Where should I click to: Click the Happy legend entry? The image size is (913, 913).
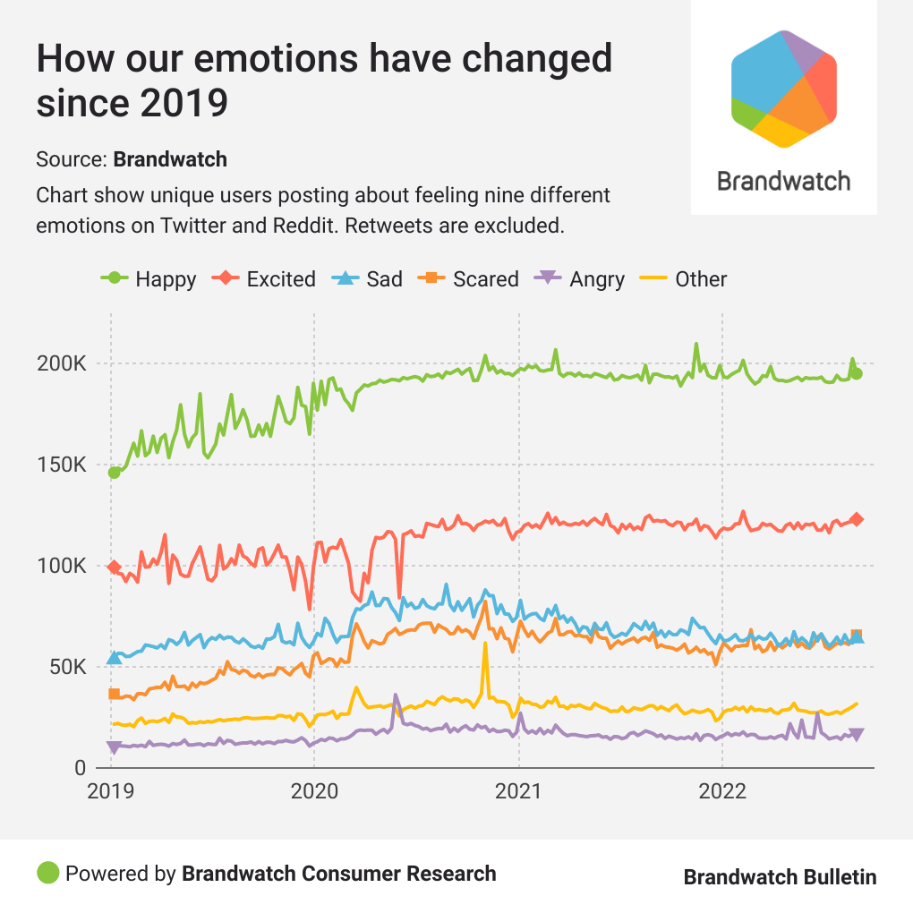149,279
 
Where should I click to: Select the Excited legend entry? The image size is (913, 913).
264,279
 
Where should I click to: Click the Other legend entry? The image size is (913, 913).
685,279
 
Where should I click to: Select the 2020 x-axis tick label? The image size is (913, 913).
314,791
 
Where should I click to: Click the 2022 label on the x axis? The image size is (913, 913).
721,791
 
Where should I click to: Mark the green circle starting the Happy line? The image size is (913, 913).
114,473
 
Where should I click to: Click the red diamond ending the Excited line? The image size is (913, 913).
857,519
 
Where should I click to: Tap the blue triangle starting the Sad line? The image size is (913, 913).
114,657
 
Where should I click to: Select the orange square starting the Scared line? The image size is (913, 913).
114,694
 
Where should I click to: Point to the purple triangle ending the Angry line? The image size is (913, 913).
857,735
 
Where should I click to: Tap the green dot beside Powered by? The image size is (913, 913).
47,873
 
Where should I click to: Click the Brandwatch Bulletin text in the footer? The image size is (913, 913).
780,876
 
